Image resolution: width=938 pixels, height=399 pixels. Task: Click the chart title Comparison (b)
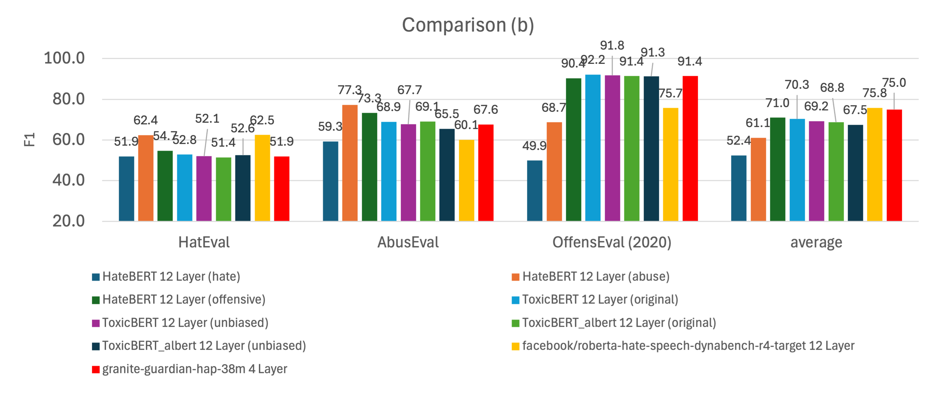tap(468, 25)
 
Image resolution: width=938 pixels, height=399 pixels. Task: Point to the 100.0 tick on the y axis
tap(64, 58)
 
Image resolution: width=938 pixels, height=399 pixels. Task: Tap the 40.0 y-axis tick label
tap(68, 180)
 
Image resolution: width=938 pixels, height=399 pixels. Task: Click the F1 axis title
tap(29, 140)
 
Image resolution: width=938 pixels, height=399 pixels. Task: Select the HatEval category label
tap(204, 242)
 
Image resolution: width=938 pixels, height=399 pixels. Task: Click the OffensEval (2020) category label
tap(612, 242)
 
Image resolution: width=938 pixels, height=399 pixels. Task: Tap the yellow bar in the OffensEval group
tap(671, 164)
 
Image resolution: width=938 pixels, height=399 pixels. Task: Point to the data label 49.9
tap(534, 146)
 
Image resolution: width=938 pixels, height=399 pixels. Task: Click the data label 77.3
tap(349, 90)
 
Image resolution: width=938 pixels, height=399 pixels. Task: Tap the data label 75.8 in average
tap(874, 93)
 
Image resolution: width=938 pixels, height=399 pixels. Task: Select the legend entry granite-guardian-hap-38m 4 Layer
tap(194, 369)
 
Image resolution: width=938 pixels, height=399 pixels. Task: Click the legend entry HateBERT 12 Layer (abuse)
tap(596, 277)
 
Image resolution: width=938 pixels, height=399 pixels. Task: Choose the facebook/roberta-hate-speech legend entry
tap(688, 345)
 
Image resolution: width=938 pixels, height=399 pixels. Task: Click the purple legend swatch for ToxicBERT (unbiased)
tap(96, 323)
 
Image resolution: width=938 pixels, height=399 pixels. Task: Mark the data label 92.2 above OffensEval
tap(593, 60)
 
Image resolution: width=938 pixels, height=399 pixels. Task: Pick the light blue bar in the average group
tap(797, 170)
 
